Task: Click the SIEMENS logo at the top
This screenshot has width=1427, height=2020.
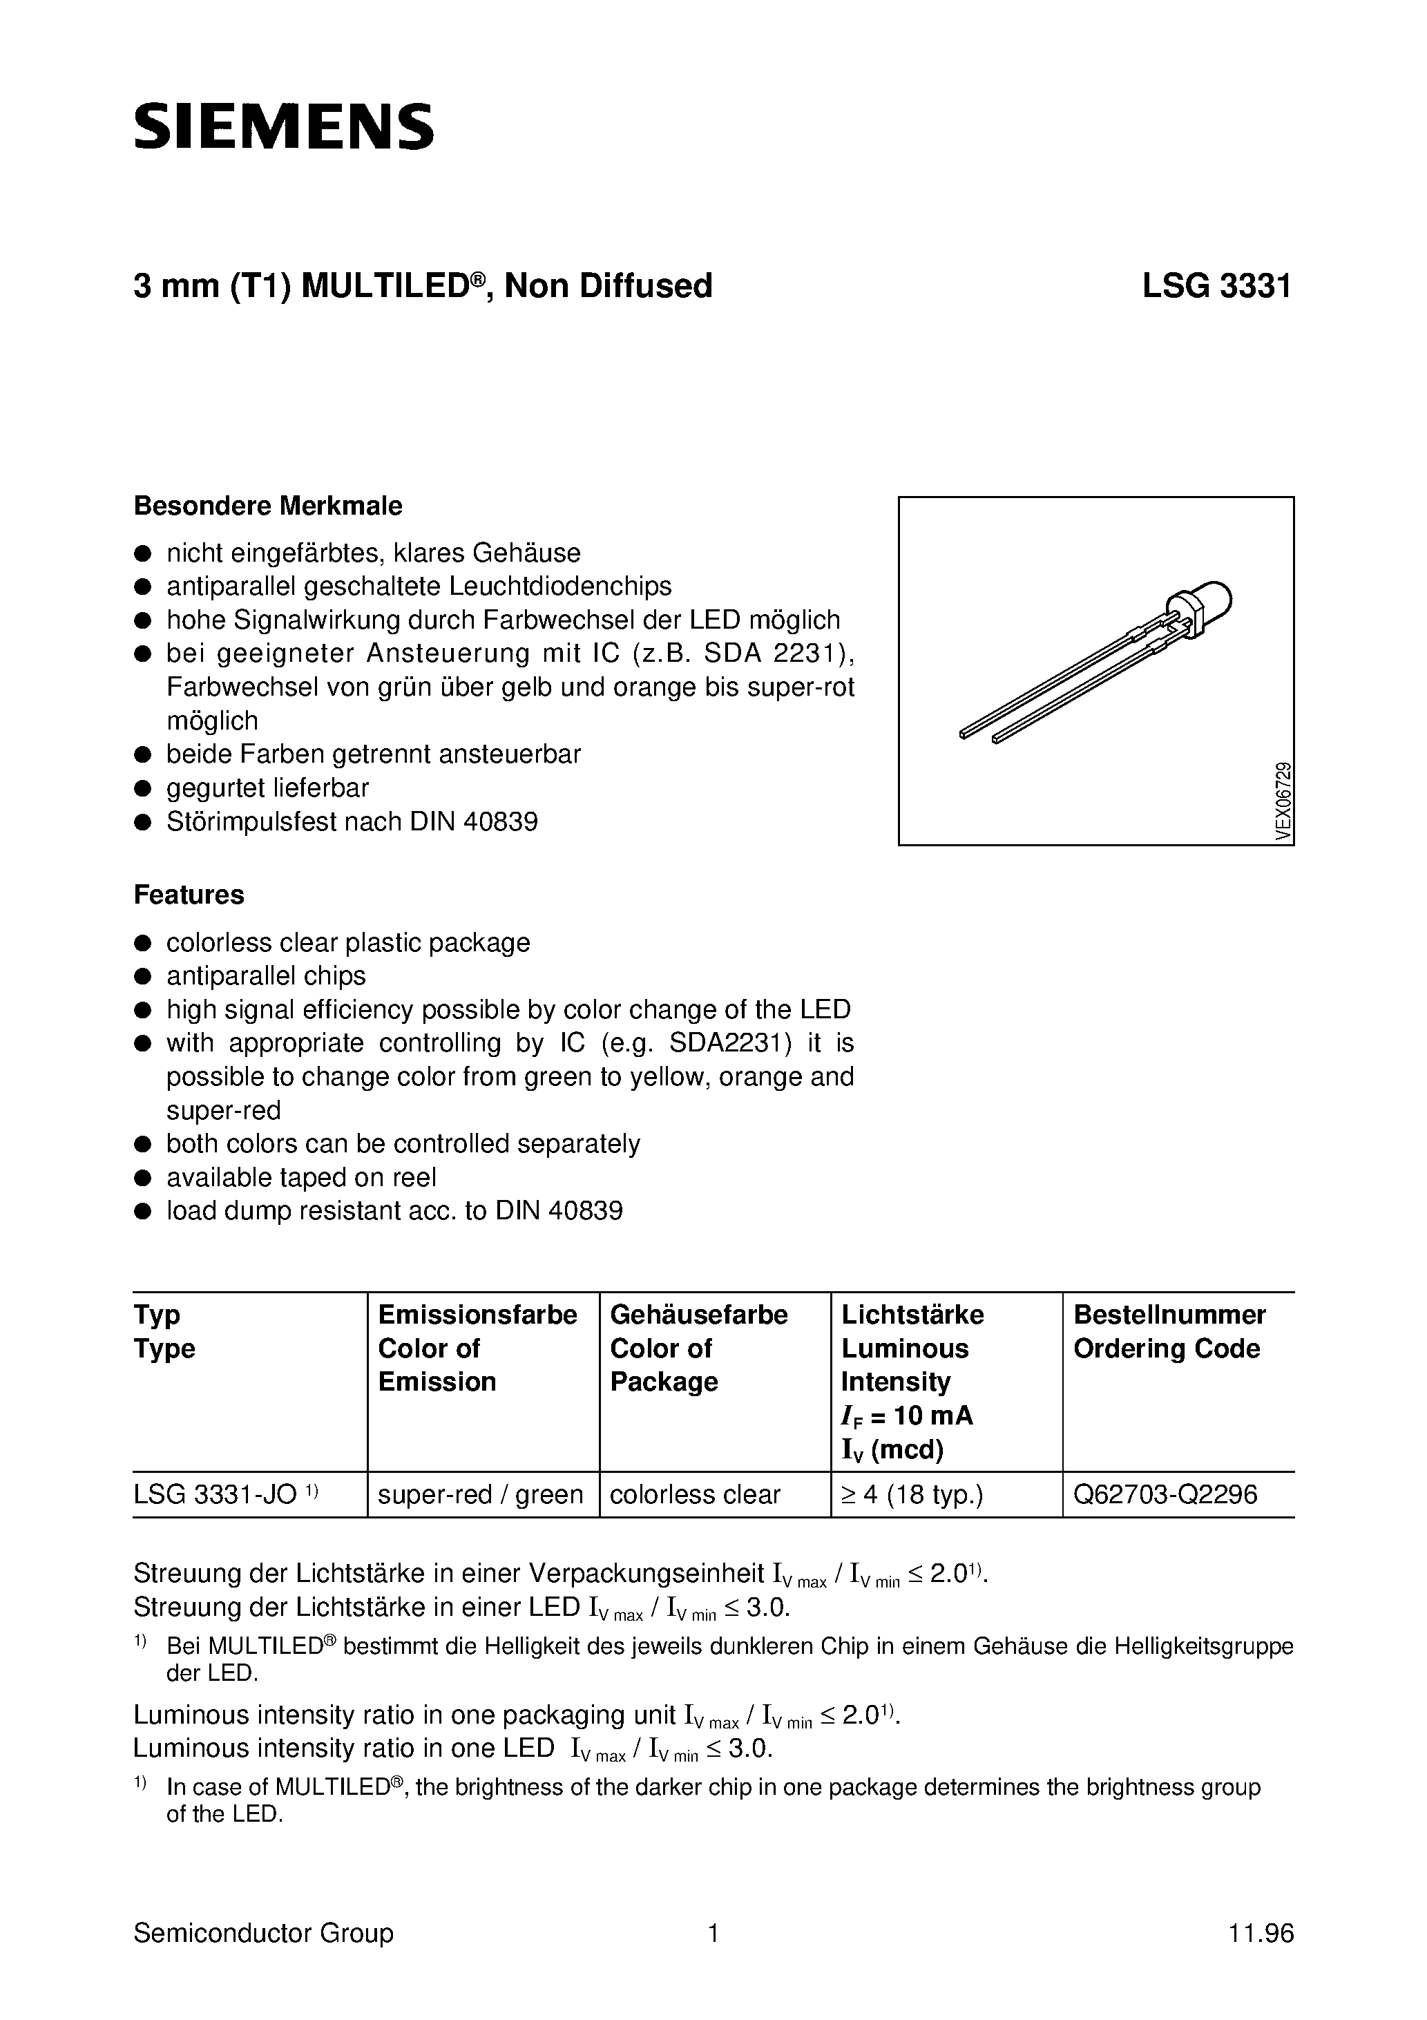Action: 283,126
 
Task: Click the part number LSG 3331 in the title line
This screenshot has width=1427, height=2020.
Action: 1217,286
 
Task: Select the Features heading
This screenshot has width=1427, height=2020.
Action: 189,895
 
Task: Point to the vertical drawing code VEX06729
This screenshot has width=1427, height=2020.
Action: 1283,801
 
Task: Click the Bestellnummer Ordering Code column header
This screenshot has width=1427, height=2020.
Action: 1169,1331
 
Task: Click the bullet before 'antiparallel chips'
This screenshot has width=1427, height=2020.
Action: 141,977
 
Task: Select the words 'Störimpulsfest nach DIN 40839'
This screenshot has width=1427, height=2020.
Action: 352,821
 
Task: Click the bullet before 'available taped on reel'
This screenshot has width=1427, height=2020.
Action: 141,1178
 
